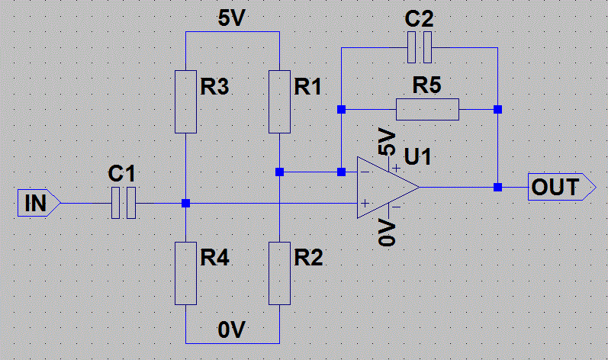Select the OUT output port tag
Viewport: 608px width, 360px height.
561,187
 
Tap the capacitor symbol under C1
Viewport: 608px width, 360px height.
123,204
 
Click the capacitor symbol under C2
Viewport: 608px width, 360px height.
420,47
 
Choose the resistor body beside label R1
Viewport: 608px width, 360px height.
280,100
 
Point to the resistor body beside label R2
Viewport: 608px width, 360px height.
280,272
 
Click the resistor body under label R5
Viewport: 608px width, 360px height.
427,109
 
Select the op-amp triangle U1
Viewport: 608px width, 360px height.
386,188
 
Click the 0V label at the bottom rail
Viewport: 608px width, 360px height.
233,330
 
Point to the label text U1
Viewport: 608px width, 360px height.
418,158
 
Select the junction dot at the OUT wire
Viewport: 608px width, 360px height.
497,187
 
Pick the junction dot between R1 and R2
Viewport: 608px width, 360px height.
280,172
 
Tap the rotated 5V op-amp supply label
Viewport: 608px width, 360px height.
387,143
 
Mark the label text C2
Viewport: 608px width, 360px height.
420,20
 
